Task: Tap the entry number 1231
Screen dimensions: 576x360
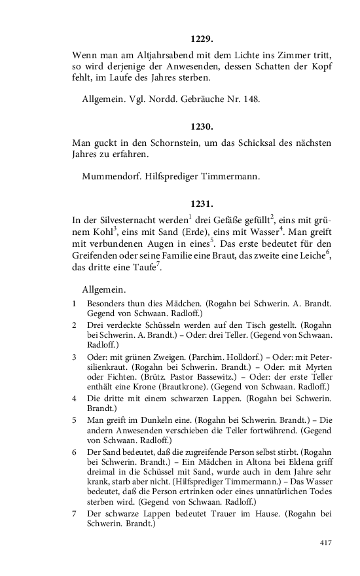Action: (x=202, y=204)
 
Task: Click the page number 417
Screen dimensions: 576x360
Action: (x=325, y=543)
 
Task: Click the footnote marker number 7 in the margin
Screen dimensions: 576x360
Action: (x=75, y=514)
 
